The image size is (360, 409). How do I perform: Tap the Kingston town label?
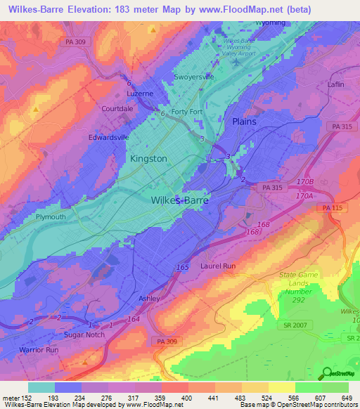148,159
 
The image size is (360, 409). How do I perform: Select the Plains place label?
244,122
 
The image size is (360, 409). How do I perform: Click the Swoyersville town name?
193,78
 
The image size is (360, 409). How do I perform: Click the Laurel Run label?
218,266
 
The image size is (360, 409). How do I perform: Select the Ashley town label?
149,298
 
